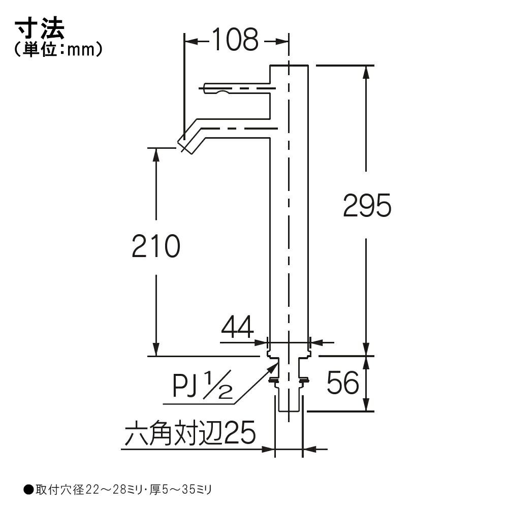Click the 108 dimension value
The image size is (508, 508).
pyautogui.click(x=236, y=40)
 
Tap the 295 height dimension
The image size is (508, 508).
pyautogui.click(x=367, y=205)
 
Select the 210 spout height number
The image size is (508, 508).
pyautogui.click(x=156, y=246)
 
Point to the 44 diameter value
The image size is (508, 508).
pyautogui.click(x=237, y=327)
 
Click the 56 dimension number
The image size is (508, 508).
pyautogui.click(x=343, y=383)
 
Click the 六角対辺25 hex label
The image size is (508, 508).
pyautogui.click(x=190, y=433)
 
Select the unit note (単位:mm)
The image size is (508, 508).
pyautogui.click(x=58, y=50)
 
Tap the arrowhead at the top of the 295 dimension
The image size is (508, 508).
pyautogui.click(x=366, y=72)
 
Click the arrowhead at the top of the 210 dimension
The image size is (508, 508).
pyautogui.click(x=156, y=154)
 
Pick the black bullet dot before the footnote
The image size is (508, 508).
pyautogui.click(x=28, y=490)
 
